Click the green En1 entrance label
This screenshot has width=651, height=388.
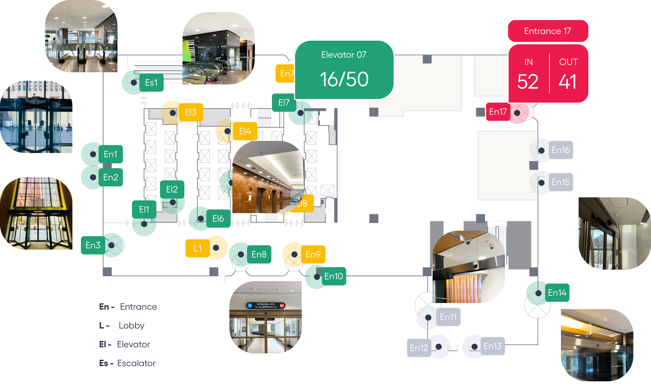tap(111, 154)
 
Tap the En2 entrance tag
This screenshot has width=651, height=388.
tap(111, 177)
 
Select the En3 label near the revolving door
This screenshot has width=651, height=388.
tap(93, 245)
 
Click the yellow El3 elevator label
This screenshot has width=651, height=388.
tap(191, 112)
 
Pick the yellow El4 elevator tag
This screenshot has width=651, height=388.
tap(245, 131)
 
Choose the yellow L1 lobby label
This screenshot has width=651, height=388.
tap(198, 248)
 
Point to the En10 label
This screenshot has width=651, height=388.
tap(334, 276)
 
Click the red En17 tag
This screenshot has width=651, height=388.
tap(498, 112)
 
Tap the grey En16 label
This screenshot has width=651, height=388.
tap(561, 150)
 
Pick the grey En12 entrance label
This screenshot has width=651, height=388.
tap(419, 348)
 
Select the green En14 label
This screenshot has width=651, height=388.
tap(557, 293)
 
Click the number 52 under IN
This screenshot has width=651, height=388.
tap(528, 82)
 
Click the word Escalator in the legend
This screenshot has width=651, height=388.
tap(136, 363)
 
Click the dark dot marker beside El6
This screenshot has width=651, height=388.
tap(201, 219)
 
